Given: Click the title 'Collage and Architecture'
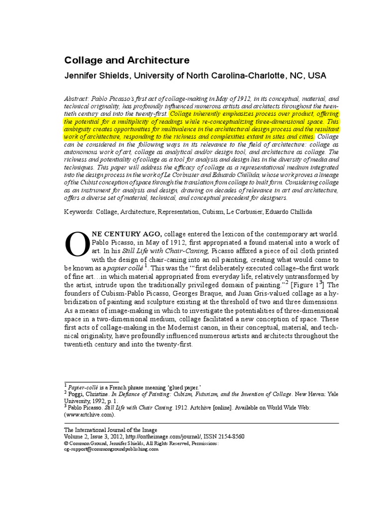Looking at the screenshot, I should (x=127, y=61).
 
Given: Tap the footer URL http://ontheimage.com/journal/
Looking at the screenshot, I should (x=161, y=436).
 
